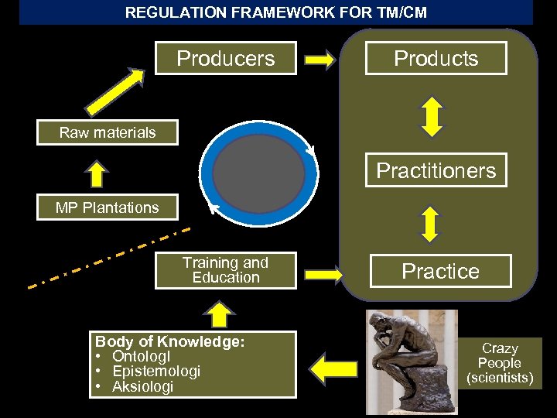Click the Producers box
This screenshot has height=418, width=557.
point(225,58)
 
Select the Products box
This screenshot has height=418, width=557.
point(436,58)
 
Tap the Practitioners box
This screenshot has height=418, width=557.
point(436,170)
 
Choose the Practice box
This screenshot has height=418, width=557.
point(440,271)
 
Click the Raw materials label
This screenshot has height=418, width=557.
point(108,132)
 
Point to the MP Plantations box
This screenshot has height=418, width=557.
point(108,207)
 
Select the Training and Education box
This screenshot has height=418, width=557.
point(225,270)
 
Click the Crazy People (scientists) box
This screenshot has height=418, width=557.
point(500,363)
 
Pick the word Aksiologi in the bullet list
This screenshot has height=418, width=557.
point(143,386)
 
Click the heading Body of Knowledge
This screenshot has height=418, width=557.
point(169,341)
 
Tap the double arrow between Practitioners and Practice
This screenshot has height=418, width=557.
point(432,221)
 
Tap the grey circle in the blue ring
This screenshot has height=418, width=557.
point(258,168)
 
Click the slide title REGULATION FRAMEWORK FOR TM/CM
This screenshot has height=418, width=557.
point(276,12)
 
